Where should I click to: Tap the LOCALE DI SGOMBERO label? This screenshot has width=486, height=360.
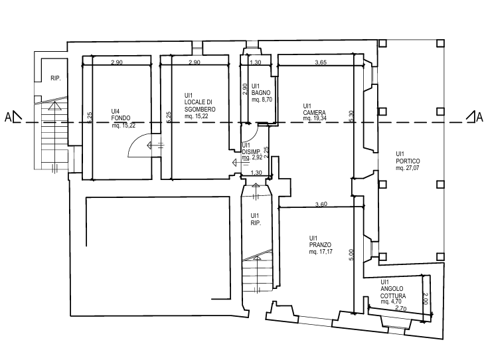[x=199, y=106]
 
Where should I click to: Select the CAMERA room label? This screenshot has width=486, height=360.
[x=313, y=112]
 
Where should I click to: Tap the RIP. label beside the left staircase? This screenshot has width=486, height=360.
[x=56, y=78]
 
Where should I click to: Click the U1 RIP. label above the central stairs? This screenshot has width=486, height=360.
[x=254, y=219]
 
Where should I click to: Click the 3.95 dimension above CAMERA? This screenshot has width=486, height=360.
[x=320, y=63]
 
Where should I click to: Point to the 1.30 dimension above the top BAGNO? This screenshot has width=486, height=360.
[x=254, y=63]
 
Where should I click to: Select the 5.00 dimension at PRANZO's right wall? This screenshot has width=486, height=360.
[x=351, y=254]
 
